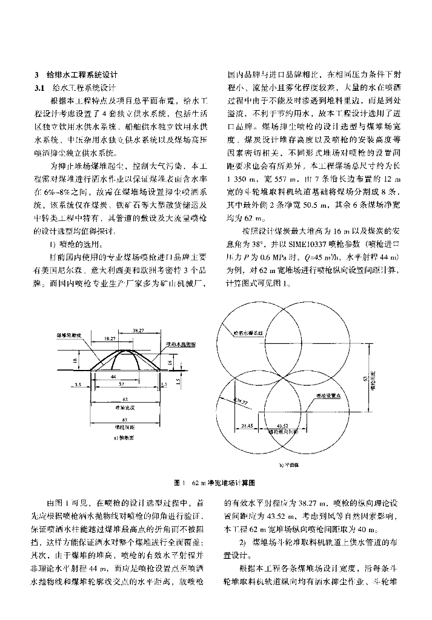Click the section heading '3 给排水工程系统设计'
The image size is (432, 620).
tap(76, 75)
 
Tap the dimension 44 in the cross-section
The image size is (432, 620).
tap(113, 376)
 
